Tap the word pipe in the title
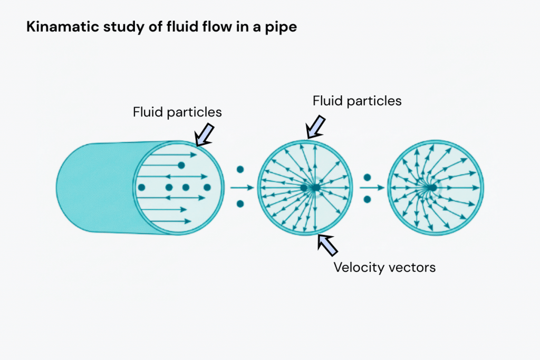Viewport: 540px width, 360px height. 282,28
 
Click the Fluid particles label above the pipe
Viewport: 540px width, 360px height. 177,112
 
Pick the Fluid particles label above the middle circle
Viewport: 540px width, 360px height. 357,100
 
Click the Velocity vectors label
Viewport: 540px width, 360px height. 384,267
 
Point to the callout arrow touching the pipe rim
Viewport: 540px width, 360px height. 204,134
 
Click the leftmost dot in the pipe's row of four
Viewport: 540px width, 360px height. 141,187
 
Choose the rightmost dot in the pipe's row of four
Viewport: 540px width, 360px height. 207,187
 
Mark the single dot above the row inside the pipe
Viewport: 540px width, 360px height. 181,165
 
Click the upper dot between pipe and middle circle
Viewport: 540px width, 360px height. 240,170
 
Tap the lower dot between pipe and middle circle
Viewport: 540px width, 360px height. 240,203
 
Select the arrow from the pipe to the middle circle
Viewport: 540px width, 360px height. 243,187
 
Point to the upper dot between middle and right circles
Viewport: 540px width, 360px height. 368,178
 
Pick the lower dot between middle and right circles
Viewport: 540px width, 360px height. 368,199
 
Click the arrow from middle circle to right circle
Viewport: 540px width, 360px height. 372,187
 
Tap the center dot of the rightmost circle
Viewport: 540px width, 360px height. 432,187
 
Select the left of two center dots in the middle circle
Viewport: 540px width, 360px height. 304,187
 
